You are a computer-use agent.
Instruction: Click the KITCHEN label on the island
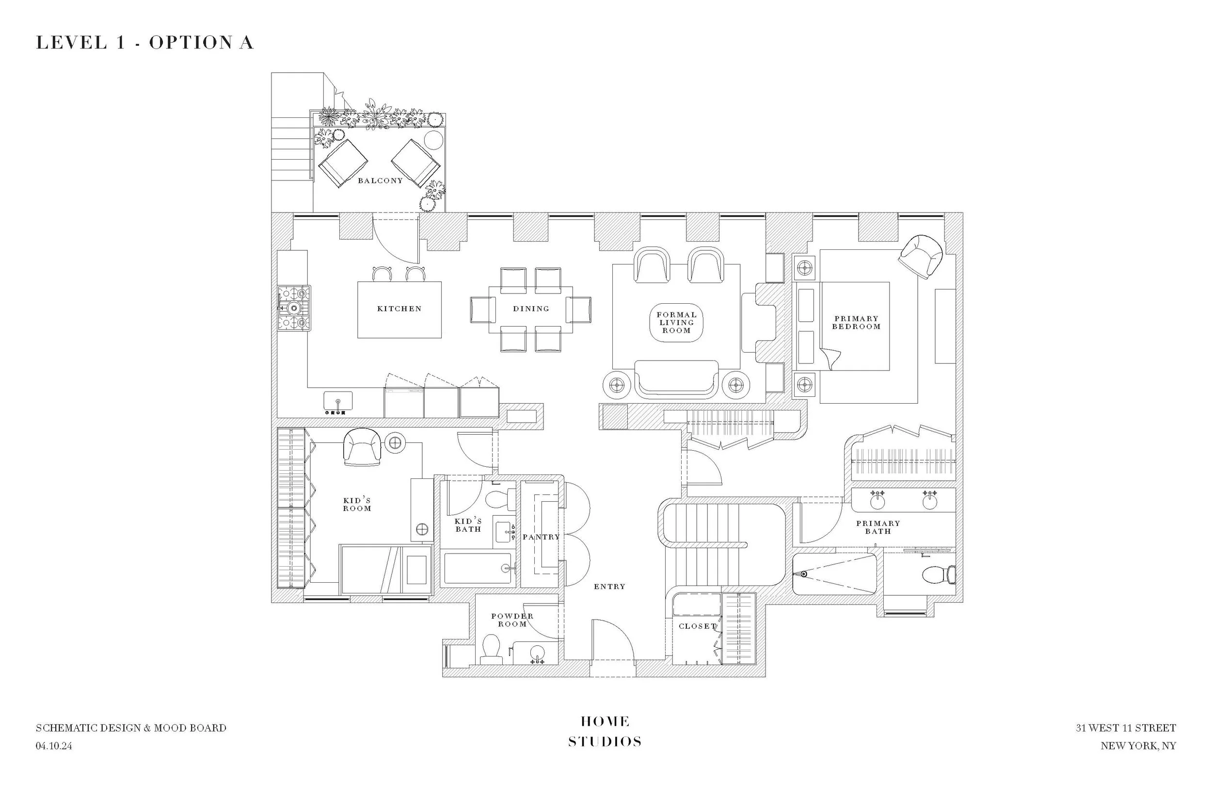[x=399, y=309]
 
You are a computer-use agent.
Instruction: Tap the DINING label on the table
[x=531, y=309]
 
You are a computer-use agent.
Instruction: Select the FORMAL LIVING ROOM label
[x=676, y=323]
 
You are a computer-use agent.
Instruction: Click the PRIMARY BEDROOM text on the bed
[x=856, y=323]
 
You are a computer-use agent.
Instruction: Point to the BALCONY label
[x=380, y=180]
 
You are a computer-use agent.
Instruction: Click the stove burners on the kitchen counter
[x=294, y=308]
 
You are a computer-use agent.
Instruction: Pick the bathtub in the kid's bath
[x=477, y=568]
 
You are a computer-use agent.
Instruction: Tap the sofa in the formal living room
[x=676, y=379]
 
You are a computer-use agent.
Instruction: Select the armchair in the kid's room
[x=362, y=447]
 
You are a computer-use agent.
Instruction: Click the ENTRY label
[x=609, y=587]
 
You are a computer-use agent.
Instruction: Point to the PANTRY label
[x=541, y=537]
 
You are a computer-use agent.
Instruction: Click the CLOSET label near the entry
[x=697, y=626]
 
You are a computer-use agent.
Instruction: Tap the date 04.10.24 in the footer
[x=54, y=746]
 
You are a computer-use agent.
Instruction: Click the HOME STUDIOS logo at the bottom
[x=605, y=732]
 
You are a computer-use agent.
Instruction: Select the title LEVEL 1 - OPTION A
[x=144, y=43]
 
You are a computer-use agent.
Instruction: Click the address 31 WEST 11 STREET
[x=1125, y=728]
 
